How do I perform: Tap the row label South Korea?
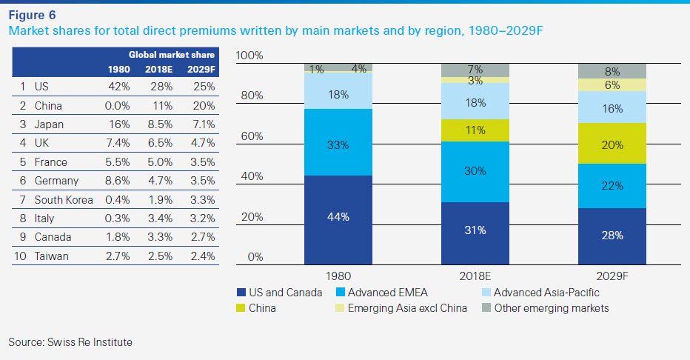coord(64,200)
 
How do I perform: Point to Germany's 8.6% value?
coord(118,181)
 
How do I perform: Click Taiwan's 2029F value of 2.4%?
coord(202,256)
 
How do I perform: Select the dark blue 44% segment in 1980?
coord(338,218)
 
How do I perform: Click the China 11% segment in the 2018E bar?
coord(475,130)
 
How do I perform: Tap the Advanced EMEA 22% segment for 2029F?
coord(612,186)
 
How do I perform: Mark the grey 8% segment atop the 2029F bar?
coord(612,72)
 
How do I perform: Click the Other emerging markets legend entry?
coord(552,307)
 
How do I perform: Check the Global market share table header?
coord(172,55)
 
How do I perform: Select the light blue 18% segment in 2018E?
coord(475,103)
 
